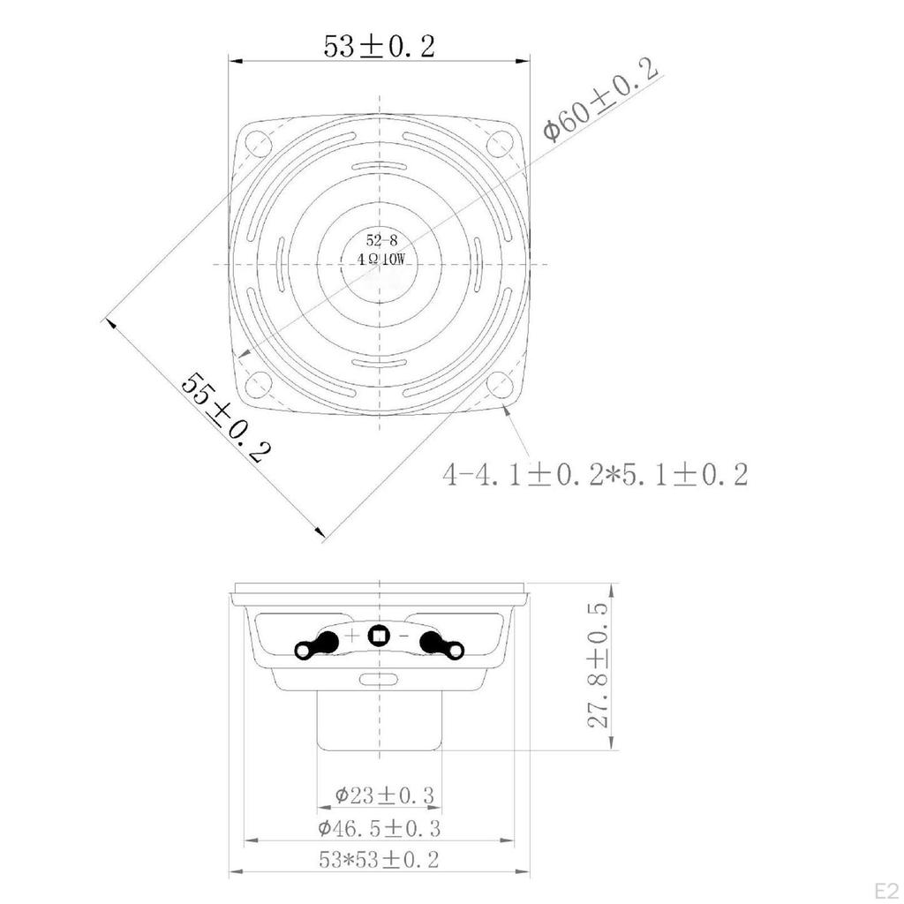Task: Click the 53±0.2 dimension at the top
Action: point(379,47)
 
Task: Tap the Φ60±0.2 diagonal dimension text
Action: point(600,99)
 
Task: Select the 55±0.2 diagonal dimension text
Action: point(226,418)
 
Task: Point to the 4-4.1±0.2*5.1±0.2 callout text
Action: point(595,474)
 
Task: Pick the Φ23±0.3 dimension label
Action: point(385,795)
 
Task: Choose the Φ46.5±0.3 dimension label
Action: point(379,828)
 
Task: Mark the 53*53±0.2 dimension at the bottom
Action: point(379,860)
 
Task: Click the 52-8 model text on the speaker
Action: point(381,240)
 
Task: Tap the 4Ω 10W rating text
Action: point(381,260)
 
